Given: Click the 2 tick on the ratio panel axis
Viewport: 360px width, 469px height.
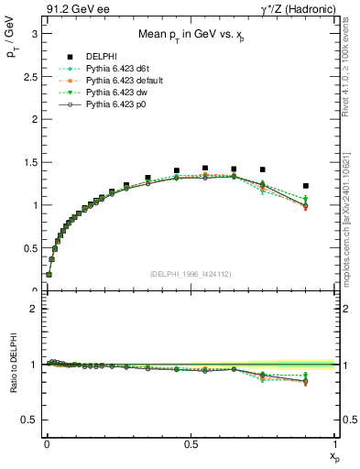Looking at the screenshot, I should click(x=34, y=310).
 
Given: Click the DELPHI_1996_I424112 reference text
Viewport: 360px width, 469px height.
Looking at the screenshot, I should click(x=191, y=274).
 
